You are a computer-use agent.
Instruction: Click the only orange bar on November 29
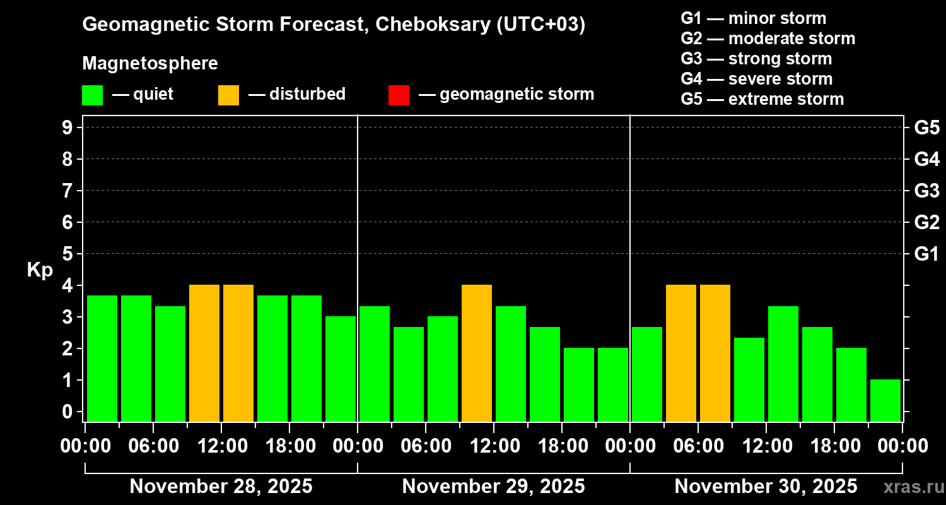pyautogui.click(x=477, y=353)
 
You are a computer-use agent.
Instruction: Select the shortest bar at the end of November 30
pyautogui.click(x=885, y=400)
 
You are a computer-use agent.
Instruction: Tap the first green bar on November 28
pyautogui.click(x=102, y=358)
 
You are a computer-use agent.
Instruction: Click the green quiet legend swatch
pyautogui.click(x=92, y=95)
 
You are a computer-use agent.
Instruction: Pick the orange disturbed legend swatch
pyautogui.click(x=228, y=95)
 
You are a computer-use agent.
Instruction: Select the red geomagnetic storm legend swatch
pyautogui.click(x=399, y=95)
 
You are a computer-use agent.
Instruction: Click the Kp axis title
pyautogui.click(x=40, y=270)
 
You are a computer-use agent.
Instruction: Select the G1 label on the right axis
pyautogui.click(x=926, y=254)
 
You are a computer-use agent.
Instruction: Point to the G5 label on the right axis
pyautogui.click(x=926, y=128)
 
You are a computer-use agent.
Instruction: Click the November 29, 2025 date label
pyautogui.click(x=493, y=486)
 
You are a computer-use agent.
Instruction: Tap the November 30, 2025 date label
pyautogui.click(x=766, y=486)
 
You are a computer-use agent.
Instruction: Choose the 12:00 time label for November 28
pyautogui.click(x=222, y=446)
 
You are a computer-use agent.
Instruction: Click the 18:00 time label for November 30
pyautogui.click(x=834, y=446)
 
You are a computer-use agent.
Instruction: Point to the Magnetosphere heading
pyautogui.click(x=150, y=63)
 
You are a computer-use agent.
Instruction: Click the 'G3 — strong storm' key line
pyautogui.click(x=756, y=59)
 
